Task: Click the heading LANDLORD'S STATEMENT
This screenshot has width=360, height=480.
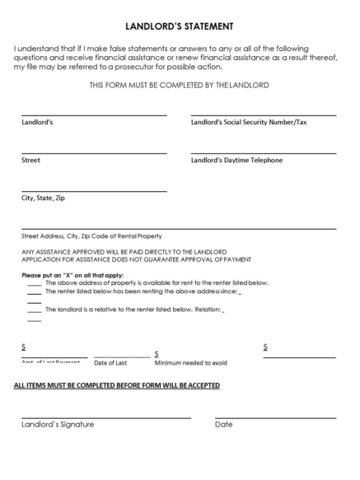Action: point(180,26)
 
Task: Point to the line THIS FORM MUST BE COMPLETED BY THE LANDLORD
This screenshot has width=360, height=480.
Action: point(180,86)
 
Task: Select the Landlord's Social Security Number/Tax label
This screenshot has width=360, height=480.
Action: point(249,123)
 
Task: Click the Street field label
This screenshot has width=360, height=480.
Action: point(30,160)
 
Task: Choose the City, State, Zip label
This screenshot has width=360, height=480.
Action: point(44,198)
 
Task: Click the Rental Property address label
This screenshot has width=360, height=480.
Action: point(91,235)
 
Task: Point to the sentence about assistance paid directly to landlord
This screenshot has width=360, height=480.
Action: point(119,251)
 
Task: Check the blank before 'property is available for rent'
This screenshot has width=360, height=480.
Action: point(35,282)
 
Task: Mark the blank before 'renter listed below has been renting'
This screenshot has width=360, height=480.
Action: point(35,291)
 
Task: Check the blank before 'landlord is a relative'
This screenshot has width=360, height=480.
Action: point(35,310)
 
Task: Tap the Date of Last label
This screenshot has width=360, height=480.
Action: point(110,362)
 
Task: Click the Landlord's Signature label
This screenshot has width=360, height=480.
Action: point(58,425)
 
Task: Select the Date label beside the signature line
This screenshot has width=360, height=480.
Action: point(224,425)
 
